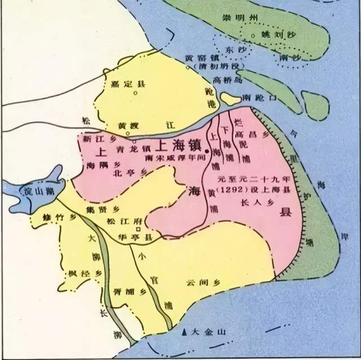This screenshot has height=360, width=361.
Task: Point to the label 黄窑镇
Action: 197,58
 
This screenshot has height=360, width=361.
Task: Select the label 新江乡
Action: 94,138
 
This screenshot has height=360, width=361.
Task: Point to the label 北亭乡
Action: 124,173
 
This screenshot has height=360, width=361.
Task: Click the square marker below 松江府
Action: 139,229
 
